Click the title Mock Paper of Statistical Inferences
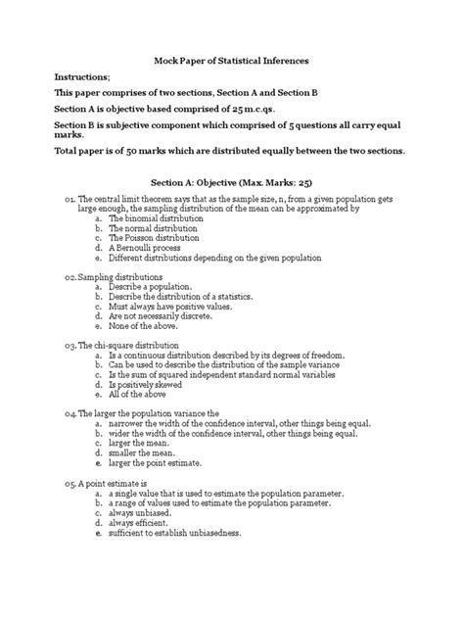(231, 61)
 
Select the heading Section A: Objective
(231, 182)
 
